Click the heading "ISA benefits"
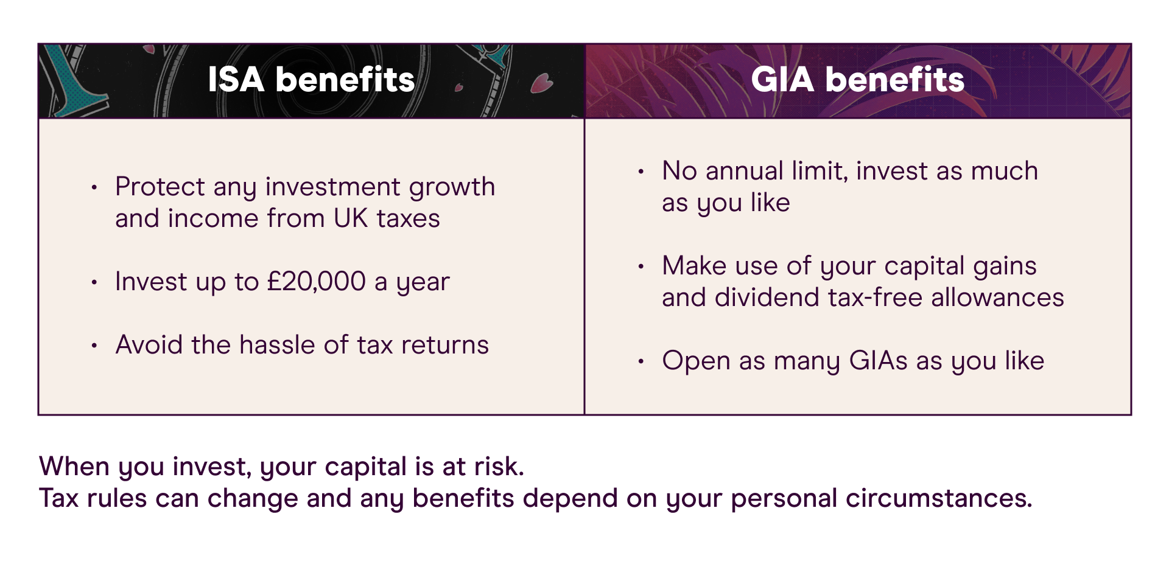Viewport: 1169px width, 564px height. tap(311, 80)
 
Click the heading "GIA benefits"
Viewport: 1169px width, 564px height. tap(857, 80)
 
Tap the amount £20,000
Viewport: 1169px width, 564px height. tap(317, 282)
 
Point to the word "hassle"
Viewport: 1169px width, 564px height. tap(278, 345)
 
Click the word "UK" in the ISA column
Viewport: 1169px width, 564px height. tap(351, 218)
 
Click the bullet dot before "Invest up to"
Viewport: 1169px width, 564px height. tap(94, 282)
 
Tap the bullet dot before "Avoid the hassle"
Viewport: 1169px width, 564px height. tap(94, 346)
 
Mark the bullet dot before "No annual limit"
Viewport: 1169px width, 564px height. tap(641, 172)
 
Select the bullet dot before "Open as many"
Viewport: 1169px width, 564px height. tap(641, 361)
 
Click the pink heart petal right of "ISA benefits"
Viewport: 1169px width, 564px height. tap(541, 83)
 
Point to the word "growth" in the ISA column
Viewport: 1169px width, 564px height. tap(452, 187)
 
